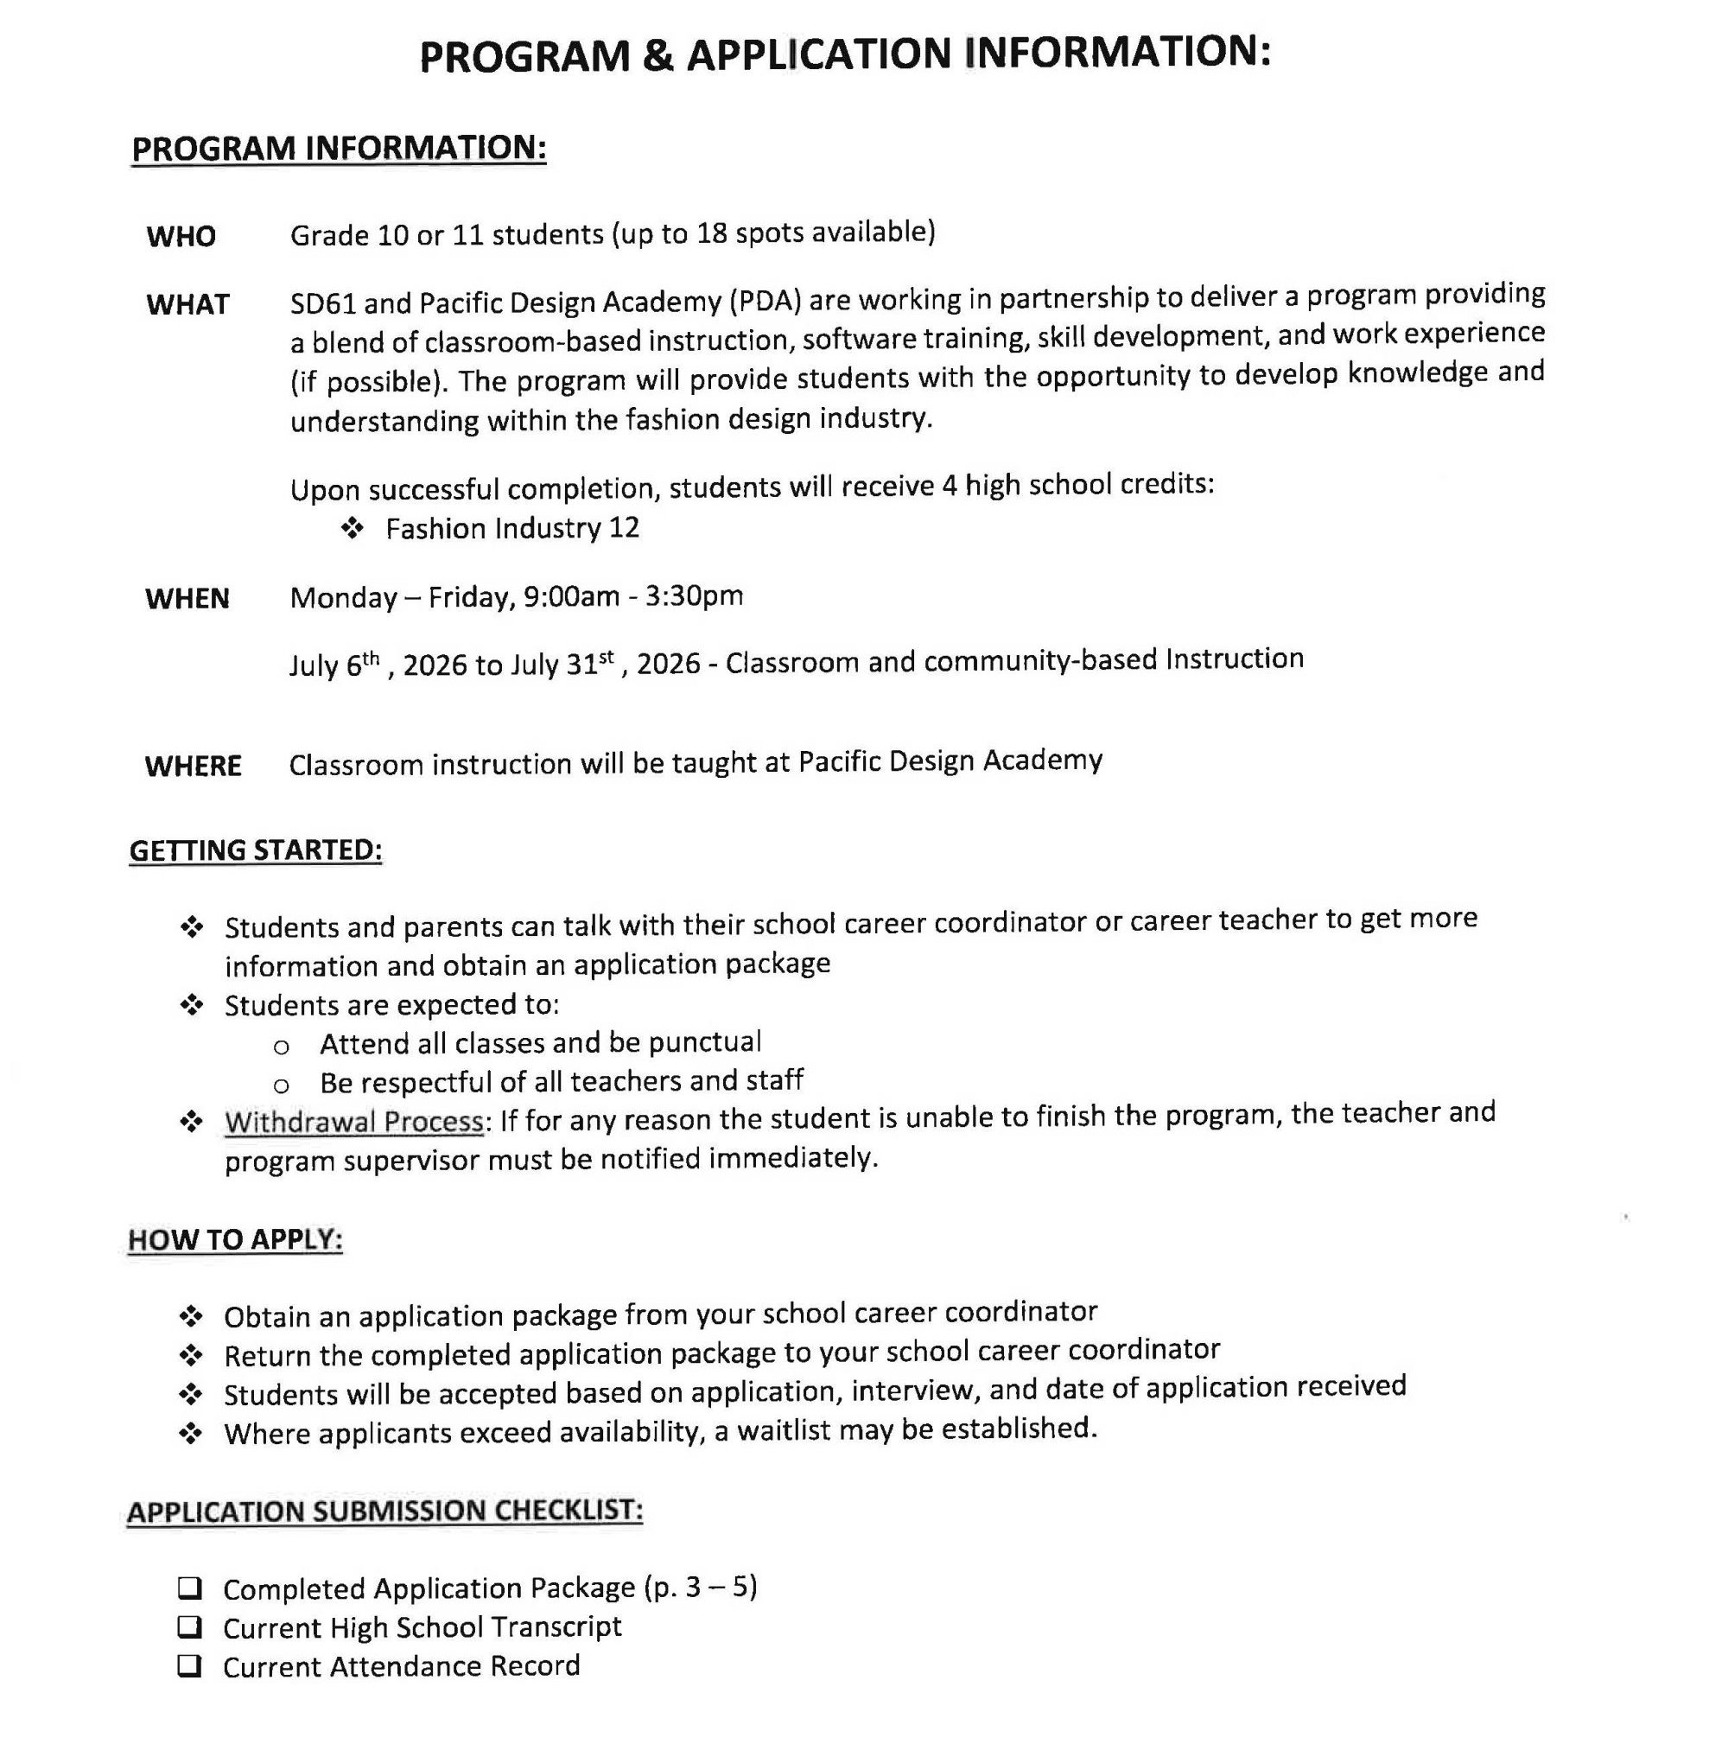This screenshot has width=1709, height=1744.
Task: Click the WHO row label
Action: (x=181, y=236)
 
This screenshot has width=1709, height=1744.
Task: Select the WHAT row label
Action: (x=187, y=304)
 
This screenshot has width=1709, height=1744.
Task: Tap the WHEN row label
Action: (x=187, y=598)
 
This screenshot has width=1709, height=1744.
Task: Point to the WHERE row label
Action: (x=193, y=766)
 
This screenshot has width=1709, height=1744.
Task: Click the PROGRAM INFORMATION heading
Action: (x=339, y=148)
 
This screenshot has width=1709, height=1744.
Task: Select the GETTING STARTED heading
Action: (x=256, y=850)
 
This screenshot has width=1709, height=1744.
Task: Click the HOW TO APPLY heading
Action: (x=235, y=1238)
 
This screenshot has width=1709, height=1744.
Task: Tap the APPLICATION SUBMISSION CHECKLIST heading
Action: (x=384, y=1511)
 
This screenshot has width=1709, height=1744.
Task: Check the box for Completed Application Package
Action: (x=189, y=1588)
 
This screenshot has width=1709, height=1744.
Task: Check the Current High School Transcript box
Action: (x=189, y=1626)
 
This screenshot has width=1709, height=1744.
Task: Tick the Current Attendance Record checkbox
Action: (x=189, y=1666)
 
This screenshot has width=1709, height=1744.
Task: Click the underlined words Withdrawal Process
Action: (x=353, y=1121)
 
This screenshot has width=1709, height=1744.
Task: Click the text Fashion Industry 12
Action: (x=511, y=528)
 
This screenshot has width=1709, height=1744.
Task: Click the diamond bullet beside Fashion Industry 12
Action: (x=352, y=529)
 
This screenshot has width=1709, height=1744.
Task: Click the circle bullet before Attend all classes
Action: (x=281, y=1047)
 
